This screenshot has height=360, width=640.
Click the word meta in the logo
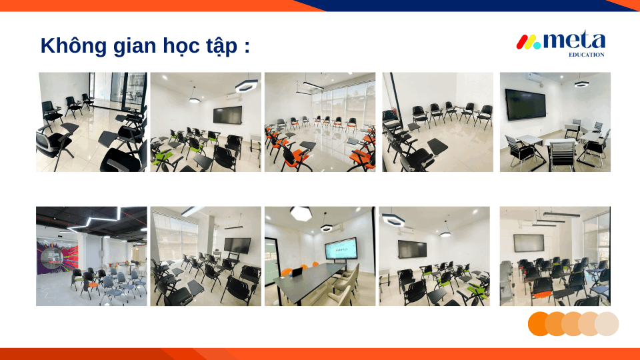point(574,41)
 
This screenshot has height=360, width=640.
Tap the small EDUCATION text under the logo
point(587,55)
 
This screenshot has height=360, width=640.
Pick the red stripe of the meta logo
point(521,42)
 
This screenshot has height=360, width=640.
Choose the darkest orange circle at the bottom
point(539,324)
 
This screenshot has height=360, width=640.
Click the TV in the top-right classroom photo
point(525,105)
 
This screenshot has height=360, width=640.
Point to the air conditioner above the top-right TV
point(535,77)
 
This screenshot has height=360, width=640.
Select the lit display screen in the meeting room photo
point(341,249)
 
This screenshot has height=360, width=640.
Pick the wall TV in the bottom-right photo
point(529,243)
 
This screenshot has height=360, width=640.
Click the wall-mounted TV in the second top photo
point(227,115)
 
